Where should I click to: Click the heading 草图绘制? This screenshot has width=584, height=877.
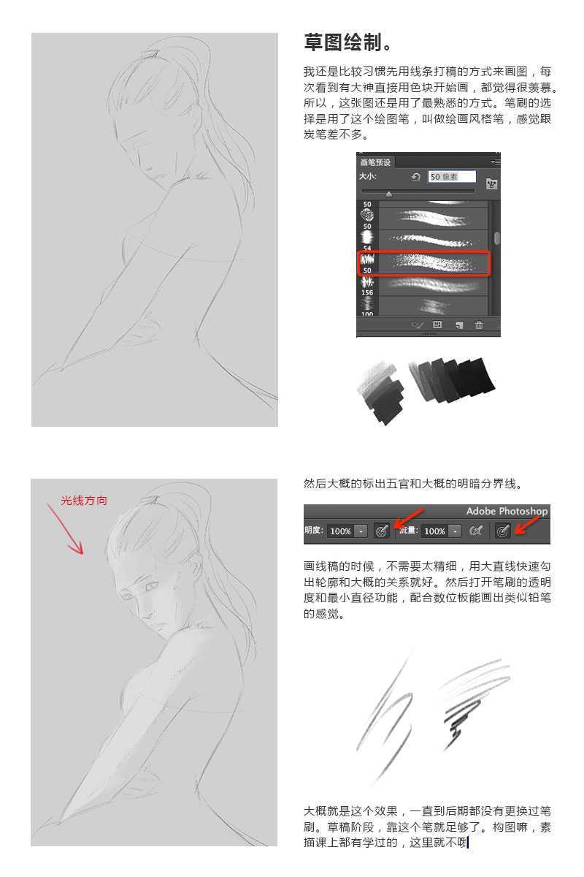coord(342,42)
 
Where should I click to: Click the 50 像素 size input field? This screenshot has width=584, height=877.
coord(452,177)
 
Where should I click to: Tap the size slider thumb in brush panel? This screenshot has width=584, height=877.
coord(389,194)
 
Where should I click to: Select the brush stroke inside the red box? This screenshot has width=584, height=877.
coord(434,264)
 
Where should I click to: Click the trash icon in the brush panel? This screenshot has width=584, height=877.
coord(479,324)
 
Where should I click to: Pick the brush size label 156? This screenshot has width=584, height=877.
coord(367,292)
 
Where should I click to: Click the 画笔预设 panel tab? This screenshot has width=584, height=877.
coord(375,162)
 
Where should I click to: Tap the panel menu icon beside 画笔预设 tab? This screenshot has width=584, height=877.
coord(496,162)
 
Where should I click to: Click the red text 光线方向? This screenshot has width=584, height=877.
coord(84,500)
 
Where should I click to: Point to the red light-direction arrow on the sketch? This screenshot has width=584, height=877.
coord(65,528)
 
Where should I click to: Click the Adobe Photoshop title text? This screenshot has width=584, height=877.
coord(507,511)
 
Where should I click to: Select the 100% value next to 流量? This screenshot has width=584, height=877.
coord(434,531)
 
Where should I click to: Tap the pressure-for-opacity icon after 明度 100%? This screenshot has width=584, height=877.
coord(382,531)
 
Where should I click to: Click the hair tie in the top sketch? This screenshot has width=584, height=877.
coord(150,53)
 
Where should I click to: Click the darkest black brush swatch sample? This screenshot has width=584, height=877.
coord(475,376)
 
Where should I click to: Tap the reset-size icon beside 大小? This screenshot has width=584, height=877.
coord(416,177)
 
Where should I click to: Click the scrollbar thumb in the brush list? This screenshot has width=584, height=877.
coord(497,238)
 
